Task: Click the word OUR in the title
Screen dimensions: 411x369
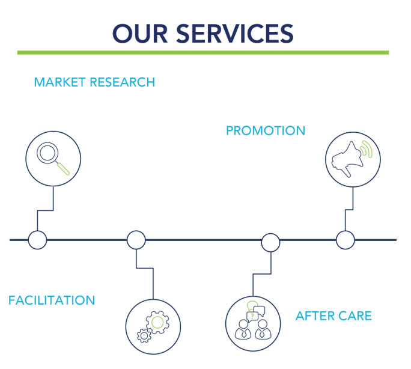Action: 140,33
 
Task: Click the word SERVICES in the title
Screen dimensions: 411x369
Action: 235,33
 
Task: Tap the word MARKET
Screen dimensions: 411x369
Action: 59,82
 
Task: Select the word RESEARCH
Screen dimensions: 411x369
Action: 123,82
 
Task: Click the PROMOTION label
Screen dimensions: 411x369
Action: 266,130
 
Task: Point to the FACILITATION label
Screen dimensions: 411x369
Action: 52,300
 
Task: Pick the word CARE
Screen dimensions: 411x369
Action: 353,316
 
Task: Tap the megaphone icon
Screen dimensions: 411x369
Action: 347,159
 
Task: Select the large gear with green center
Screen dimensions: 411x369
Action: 157,322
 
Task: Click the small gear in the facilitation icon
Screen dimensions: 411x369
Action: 144,335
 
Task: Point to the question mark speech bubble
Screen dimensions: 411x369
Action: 252,317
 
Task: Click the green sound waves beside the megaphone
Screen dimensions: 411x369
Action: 367,149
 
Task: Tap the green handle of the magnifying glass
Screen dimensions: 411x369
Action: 64,168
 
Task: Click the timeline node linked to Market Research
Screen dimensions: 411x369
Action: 37,240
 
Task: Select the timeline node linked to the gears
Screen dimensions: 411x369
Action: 136,240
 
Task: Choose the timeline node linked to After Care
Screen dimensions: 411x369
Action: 270,243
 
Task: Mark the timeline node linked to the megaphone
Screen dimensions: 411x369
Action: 346,240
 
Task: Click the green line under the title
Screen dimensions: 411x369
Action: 203,53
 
